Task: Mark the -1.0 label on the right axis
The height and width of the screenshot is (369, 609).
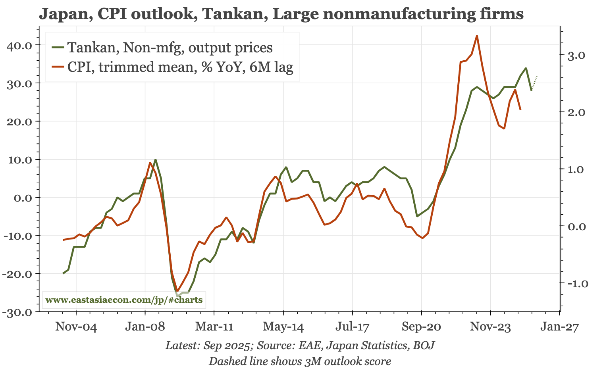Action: [x=572, y=284]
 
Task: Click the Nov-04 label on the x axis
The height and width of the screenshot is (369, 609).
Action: [x=75, y=328]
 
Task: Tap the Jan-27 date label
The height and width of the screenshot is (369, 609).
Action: [x=559, y=328]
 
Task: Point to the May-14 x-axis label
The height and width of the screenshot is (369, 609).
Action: [x=283, y=328]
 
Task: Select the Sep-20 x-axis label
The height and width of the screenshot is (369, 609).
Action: [x=422, y=328]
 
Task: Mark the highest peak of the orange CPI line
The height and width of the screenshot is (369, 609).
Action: [x=477, y=36]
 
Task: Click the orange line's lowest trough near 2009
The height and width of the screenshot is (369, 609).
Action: [x=178, y=291]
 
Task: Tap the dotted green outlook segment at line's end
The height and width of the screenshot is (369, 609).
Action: [x=534, y=83]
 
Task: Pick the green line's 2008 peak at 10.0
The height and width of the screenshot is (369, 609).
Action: [x=156, y=160]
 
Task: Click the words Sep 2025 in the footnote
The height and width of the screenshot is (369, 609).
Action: [x=231, y=346]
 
